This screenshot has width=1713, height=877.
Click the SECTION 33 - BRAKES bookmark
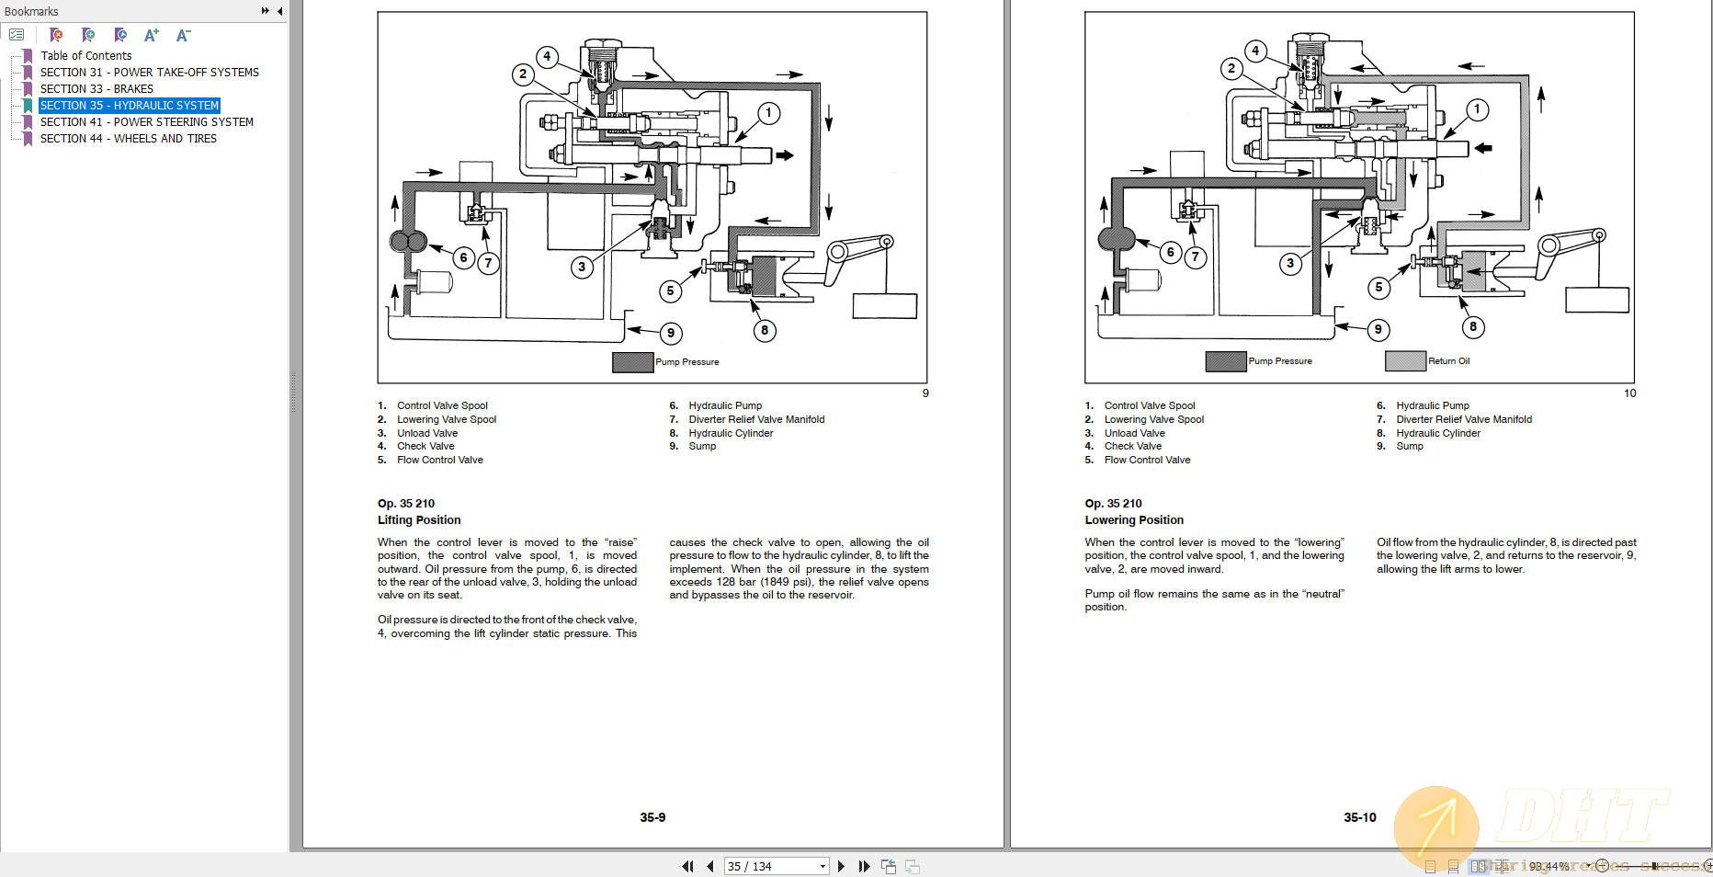[96, 89]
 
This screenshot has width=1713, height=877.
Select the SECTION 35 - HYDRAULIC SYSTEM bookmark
[129, 106]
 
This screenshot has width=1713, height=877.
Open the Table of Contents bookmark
[85, 56]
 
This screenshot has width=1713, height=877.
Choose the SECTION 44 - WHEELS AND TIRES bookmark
[128, 139]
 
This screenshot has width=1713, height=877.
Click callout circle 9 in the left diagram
[671, 333]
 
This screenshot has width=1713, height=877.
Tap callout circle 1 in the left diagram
[769, 113]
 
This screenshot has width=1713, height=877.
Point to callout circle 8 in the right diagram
[1472, 326]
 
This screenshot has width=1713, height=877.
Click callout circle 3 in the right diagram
[1290, 263]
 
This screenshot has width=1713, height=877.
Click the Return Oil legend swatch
[1405, 361]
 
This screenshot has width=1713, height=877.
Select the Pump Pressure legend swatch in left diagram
[632, 362]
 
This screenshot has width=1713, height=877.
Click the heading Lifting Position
[419, 520]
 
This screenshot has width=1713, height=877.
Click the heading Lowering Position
[1134, 520]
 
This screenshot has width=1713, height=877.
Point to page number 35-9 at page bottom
[652, 817]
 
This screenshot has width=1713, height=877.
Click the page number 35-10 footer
[1359, 817]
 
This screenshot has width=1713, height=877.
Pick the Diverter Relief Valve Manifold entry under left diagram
[756, 419]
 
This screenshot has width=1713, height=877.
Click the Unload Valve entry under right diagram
[1134, 433]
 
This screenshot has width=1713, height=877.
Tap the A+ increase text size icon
[152, 35]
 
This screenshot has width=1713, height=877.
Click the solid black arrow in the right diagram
[1482, 147]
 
